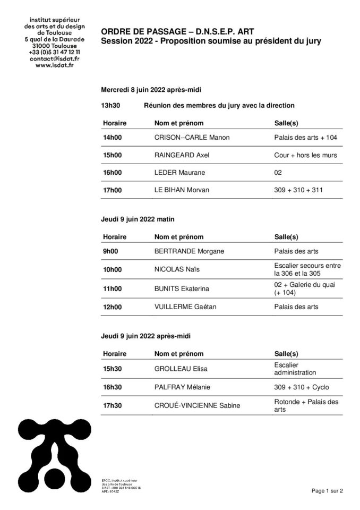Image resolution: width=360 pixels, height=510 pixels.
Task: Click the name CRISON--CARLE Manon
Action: click(x=191, y=138)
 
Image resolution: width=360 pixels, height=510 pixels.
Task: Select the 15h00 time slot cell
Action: click(x=112, y=155)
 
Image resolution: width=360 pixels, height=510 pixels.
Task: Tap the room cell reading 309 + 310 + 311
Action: click(x=298, y=190)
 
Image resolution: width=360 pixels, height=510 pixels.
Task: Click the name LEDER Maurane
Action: click(x=179, y=173)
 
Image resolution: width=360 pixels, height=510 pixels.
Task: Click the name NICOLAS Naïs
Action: click(x=174, y=269)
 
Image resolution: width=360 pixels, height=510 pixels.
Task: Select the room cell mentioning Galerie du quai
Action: click(x=304, y=288)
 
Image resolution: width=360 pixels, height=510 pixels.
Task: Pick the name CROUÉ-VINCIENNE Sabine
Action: click(x=197, y=405)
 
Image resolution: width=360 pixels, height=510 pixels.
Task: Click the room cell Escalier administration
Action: click(x=295, y=369)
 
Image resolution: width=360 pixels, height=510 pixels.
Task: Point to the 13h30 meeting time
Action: click(x=110, y=105)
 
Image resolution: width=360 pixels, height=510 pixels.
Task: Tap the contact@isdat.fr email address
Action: click(x=52, y=58)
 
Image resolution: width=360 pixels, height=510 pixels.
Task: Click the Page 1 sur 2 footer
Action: click(x=327, y=491)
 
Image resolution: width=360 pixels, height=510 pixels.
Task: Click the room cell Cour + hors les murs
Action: click(x=305, y=155)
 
